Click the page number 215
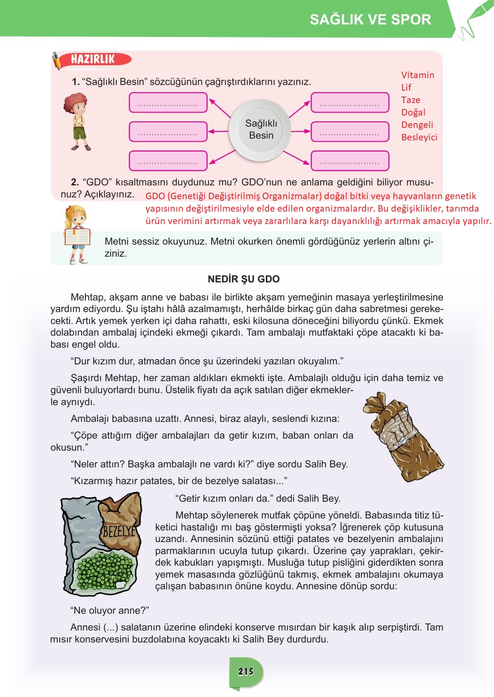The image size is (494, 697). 246,671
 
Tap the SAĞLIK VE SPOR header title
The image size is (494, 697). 370,19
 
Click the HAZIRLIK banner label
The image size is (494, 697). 93,59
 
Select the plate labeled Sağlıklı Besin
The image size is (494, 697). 261,129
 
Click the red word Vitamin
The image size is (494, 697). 418,75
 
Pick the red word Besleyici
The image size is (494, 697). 419,137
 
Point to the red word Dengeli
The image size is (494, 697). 417,125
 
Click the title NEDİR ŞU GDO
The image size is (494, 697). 243,279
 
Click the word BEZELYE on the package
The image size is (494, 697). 119,532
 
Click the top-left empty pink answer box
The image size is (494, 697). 168,103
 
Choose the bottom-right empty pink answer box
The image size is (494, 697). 350,161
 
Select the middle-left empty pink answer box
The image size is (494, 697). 168,132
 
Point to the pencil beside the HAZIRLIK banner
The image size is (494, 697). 57,61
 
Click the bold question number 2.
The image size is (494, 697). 75,182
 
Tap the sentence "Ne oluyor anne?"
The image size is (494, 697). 109,610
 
